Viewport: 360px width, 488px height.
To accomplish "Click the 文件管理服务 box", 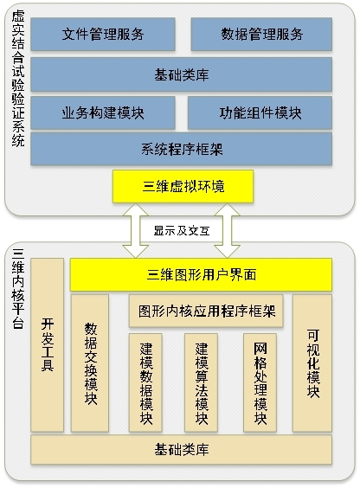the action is [103, 34].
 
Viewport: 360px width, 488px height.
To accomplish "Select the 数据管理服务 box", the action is [261, 34].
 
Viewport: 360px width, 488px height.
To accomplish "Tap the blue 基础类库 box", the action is [182, 74].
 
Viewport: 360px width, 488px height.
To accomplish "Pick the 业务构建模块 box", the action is [103, 112].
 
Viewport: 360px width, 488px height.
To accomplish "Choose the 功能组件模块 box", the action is [260, 112].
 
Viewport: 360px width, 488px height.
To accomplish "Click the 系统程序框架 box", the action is [182, 149].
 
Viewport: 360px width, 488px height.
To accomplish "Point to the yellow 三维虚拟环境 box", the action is [183, 186].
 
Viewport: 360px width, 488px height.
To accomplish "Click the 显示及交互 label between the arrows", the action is [182, 231].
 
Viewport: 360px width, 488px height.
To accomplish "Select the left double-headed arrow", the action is [135, 231].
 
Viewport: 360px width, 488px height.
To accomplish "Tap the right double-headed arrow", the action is [227, 231].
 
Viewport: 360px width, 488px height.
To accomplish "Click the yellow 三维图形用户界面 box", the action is [201, 275].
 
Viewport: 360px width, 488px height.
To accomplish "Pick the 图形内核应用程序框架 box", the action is [206, 311].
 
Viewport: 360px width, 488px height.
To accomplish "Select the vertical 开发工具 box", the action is [48, 345].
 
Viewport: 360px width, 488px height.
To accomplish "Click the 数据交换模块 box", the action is [90, 363].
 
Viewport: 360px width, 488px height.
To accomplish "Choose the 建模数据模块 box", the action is [145, 382].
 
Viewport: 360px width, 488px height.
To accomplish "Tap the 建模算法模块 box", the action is [201, 382].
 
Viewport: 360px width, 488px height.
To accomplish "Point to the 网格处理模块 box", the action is [260, 382].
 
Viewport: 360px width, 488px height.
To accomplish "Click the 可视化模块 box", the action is [312, 363].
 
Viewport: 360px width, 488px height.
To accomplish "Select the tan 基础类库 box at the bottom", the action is [182, 450].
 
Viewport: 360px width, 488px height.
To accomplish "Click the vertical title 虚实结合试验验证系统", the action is [18, 78].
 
